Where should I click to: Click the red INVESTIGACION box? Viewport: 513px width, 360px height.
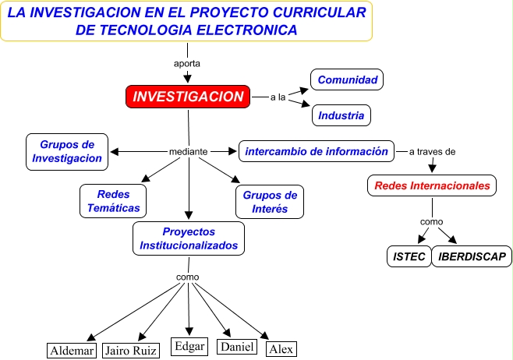(x=188, y=97)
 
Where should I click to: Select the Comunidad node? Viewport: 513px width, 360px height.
(x=348, y=79)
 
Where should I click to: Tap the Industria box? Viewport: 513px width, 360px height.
(x=341, y=116)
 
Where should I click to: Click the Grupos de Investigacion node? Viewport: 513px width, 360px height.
(x=67, y=151)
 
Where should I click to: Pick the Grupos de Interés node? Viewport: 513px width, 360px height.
(x=270, y=202)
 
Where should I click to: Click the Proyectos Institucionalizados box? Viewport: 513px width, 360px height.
(x=189, y=238)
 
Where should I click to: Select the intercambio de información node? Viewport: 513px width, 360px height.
(x=316, y=151)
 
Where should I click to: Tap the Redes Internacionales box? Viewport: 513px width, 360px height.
(x=432, y=185)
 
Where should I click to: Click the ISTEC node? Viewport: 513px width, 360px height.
(x=409, y=256)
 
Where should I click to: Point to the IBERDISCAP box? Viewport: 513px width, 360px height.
(x=472, y=256)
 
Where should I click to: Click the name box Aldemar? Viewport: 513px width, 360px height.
(x=72, y=351)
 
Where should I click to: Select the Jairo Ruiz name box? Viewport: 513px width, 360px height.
(x=131, y=351)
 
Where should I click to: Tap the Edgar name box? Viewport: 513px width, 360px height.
(x=189, y=347)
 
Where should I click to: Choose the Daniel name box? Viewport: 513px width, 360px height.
(x=236, y=347)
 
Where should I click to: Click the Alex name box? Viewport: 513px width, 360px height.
(x=281, y=349)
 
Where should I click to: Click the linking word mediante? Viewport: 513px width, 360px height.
(x=188, y=151)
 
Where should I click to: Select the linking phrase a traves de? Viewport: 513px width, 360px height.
(x=432, y=151)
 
